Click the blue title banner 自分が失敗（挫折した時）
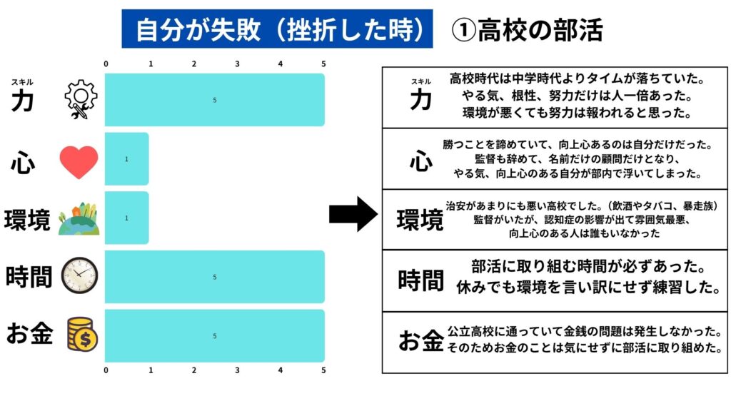(x=277, y=29)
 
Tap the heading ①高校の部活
(x=528, y=30)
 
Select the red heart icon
(x=79, y=161)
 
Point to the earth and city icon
(x=79, y=219)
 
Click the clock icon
(x=79, y=276)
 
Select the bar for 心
(x=126, y=159)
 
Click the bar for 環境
(x=126, y=218)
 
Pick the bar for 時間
(x=214, y=277)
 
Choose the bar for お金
(x=214, y=335)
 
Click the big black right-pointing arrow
(x=353, y=214)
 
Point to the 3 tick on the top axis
(x=238, y=64)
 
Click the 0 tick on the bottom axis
(x=106, y=370)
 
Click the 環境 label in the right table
(x=420, y=220)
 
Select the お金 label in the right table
(x=420, y=342)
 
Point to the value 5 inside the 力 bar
(x=214, y=100)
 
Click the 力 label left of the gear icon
(x=22, y=101)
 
